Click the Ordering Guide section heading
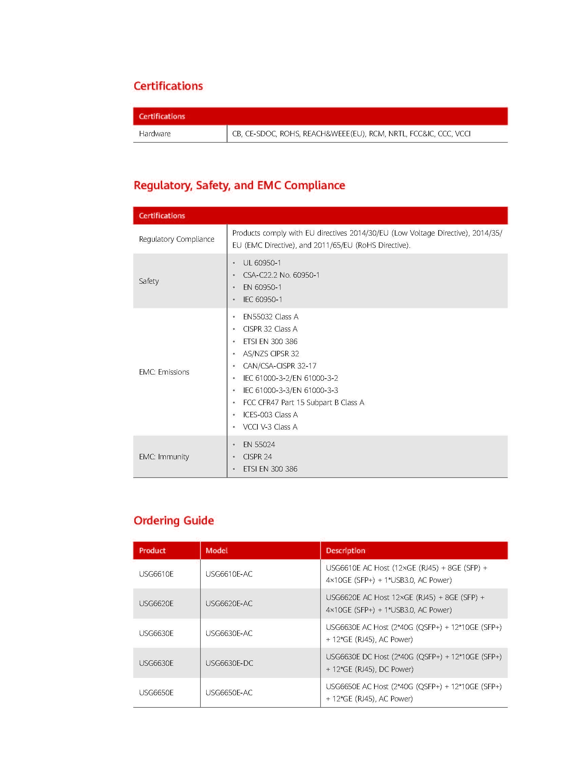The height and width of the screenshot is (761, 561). click(x=174, y=520)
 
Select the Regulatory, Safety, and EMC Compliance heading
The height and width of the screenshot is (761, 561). click(x=239, y=185)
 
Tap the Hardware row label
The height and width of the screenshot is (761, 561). click(x=155, y=134)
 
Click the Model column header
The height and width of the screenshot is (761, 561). click(x=217, y=550)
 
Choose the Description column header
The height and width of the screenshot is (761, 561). click(x=345, y=550)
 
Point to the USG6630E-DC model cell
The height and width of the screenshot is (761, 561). click(x=229, y=663)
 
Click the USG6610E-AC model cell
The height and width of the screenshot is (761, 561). click(x=229, y=574)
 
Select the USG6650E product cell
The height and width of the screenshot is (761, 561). click(x=156, y=693)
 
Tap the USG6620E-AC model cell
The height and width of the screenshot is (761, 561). click(x=229, y=603)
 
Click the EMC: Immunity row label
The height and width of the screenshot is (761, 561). click(x=164, y=457)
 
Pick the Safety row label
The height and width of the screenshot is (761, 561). click(x=149, y=281)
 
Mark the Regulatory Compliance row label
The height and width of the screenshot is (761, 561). click(x=177, y=239)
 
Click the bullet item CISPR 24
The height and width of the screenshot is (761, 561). click(x=257, y=457)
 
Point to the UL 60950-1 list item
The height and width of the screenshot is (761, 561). click(x=262, y=263)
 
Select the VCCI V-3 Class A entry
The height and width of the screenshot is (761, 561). click(x=270, y=427)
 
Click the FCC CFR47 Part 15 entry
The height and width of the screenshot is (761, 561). click(x=303, y=403)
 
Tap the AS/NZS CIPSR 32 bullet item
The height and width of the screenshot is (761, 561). click(x=271, y=354)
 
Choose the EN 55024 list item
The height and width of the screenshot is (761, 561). click(x=259, y=445)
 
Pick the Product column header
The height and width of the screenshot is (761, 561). click(x=152, y=550)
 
